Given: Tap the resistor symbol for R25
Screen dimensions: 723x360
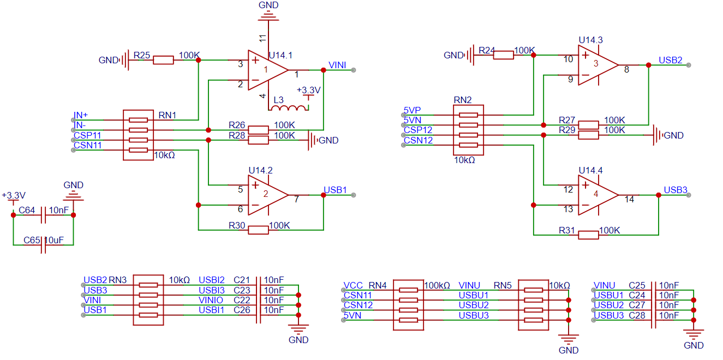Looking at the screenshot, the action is click(163, 60).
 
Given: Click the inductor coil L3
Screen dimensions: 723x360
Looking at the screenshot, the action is click(288, 108).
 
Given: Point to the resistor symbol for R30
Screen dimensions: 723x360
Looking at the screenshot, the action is click(258, 230).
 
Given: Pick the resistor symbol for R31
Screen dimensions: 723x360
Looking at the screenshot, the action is click(588, 235).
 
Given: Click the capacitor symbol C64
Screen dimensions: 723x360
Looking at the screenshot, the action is click(43, 215).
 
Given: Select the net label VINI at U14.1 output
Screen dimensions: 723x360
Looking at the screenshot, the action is click(337, 65).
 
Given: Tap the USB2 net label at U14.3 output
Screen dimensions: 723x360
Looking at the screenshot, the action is click(670, 60).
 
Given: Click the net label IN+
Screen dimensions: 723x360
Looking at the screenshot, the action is click(80, 115).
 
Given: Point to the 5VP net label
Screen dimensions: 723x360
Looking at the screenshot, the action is click(412, 110).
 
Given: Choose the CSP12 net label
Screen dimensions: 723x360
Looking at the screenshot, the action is click(417, 130).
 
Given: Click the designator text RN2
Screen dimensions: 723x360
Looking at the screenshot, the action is click(463, 100).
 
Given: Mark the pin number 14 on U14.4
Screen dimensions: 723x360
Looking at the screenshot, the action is click(629, 199).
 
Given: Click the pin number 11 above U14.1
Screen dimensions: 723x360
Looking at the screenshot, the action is click(262, 38).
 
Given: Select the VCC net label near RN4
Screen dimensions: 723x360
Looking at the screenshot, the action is click(353, 285).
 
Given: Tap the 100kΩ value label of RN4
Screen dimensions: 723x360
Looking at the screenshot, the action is click(437, 285).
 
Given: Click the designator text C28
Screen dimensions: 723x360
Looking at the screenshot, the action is click(637, 315).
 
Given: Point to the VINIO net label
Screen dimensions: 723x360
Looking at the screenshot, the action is click(211, 300).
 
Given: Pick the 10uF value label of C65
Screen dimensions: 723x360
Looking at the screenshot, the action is click(54, 241).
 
